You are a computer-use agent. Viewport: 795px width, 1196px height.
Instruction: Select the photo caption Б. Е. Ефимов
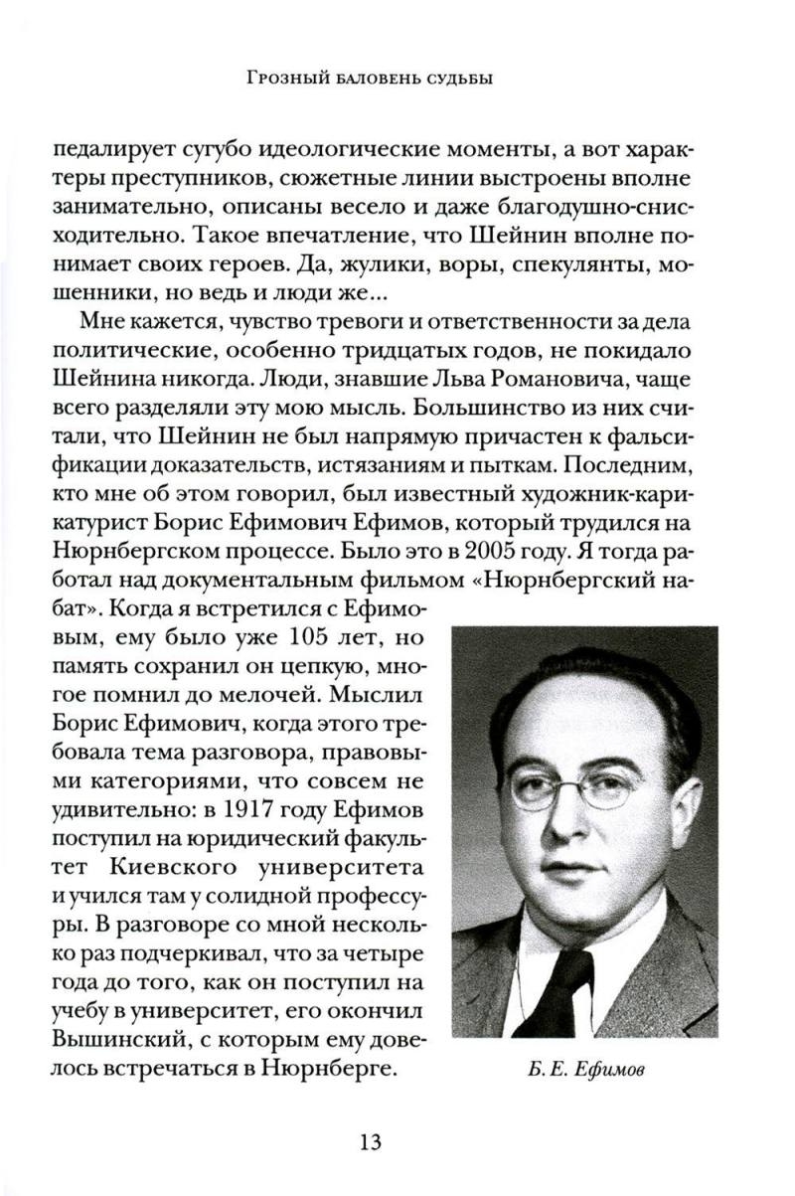(585, 1070)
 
